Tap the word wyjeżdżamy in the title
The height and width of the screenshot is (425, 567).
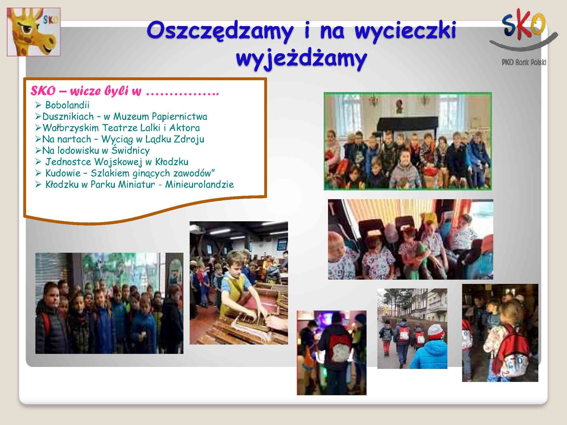tap(301, 59)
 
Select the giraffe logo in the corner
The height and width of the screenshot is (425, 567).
tap(34, 32)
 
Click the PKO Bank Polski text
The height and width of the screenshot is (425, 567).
tap(524, 62)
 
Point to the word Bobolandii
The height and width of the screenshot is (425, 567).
tap(67, 105)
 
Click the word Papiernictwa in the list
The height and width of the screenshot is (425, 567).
tap(179, 117)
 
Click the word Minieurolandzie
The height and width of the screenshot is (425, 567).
tap(200, 184)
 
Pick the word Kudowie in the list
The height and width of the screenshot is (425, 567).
tap(63, 173)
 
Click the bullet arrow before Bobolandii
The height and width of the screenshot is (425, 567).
tap(39, 105)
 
